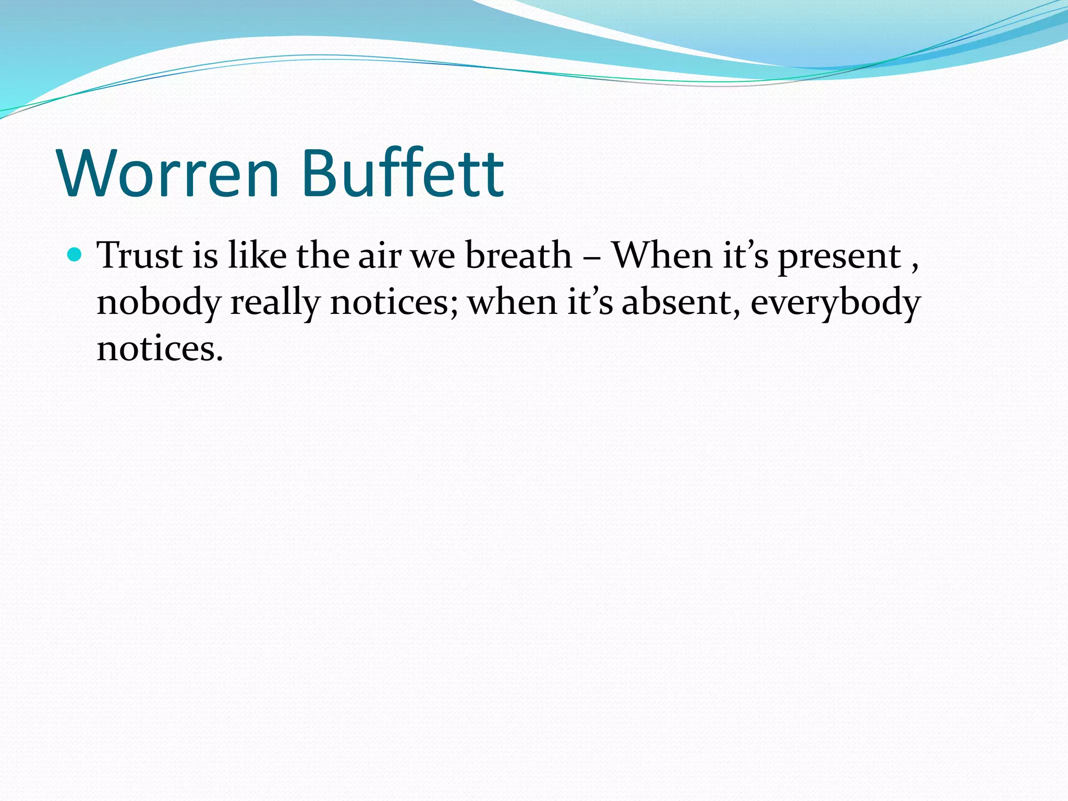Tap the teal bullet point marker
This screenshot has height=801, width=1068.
[x=75, y=255]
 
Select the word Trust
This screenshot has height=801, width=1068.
[x=140, y=256]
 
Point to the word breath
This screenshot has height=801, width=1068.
[x=518, y=256]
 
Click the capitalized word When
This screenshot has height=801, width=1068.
[x=662, y=256]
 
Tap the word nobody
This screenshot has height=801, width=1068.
[x=159, y=303]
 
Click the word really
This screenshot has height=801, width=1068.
[x=275, y=303]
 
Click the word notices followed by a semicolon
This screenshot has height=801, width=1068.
[x=394, y=302]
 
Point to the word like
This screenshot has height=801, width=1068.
[x=257, y=256]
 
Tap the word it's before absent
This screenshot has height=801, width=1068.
[x=590, y=302]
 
